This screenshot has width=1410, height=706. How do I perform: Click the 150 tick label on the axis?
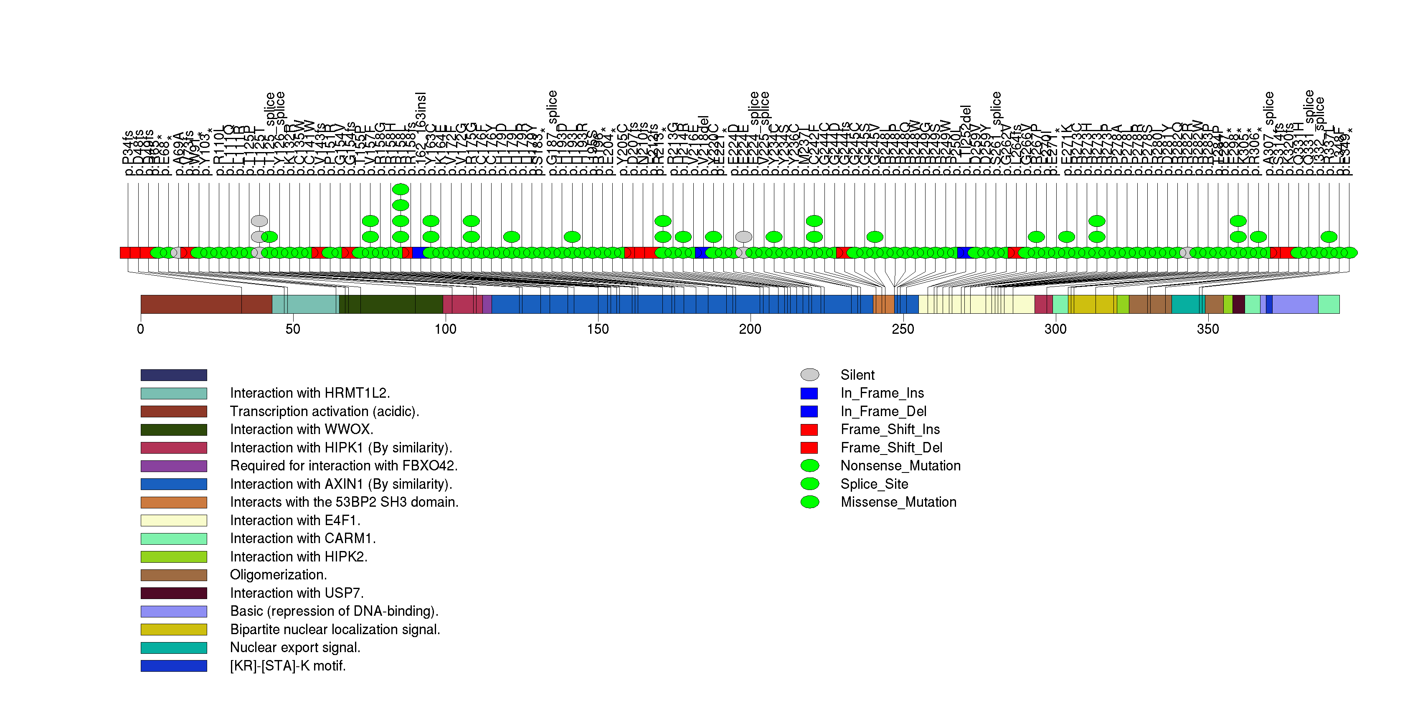[x=597, y=329]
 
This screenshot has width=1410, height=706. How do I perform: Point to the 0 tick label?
[x=141, y=329]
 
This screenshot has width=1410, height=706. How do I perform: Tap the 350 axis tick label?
[x=1207, y=329]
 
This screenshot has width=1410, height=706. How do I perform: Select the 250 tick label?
[x=903, y=329]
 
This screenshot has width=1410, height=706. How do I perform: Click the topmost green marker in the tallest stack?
[x=401, y=189]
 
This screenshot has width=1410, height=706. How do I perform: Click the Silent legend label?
[x=857, y=375]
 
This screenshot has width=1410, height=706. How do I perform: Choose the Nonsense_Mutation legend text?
[x=900, y=466]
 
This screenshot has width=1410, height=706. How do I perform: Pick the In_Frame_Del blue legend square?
[x=809, y=411]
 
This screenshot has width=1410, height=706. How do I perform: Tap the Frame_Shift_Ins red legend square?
[x=809, y=429]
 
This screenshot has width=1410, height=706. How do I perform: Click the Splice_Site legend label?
[x=874, y=484]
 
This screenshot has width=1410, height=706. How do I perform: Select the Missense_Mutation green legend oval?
[x=809, y=502]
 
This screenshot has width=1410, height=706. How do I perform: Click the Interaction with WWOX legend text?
[x=302, y=429]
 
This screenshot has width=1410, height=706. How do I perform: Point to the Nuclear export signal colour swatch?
[x=173, y=648]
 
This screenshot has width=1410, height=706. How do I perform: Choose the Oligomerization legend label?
[x=278, y=575]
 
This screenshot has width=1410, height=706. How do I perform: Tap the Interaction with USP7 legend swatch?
[x=173, y=593]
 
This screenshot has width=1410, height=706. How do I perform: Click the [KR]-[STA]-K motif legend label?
[x=288, y=665]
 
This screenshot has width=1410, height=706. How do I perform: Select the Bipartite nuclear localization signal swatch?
[x=173, y=630]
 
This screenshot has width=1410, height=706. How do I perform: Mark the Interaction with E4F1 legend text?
[x=295, y=521]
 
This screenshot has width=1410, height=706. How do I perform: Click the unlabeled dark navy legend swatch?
[x=173, y=375]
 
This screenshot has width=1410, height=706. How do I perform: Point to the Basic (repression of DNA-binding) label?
[x=334, y=611]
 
